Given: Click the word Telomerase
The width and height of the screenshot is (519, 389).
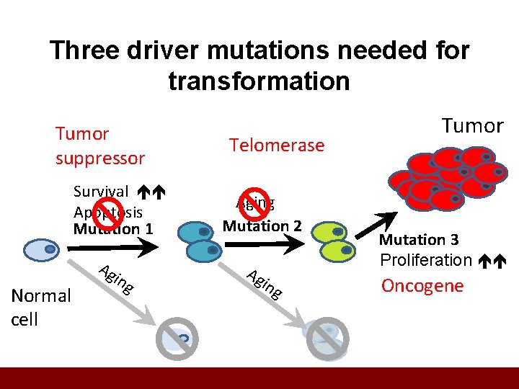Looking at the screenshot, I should point(277,146).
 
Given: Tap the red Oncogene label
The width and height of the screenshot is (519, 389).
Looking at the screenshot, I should point(422,285).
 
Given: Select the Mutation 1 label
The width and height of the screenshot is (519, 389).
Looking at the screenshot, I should point(113,229).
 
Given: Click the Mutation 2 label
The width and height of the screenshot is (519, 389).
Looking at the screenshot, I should point(262,225).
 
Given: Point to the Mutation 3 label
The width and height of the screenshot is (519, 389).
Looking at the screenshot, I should point(419,240).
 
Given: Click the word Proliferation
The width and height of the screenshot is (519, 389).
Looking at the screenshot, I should point(425,260).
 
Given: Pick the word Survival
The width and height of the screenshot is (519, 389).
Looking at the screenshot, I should point(101,192).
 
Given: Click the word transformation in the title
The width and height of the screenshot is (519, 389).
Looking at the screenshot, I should point(259,81).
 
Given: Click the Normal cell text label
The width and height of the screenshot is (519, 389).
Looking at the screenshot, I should point(40,307).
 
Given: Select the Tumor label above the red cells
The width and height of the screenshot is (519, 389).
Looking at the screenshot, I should point(472,126).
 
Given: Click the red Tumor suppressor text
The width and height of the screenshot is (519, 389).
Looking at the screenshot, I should point(99,146).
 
